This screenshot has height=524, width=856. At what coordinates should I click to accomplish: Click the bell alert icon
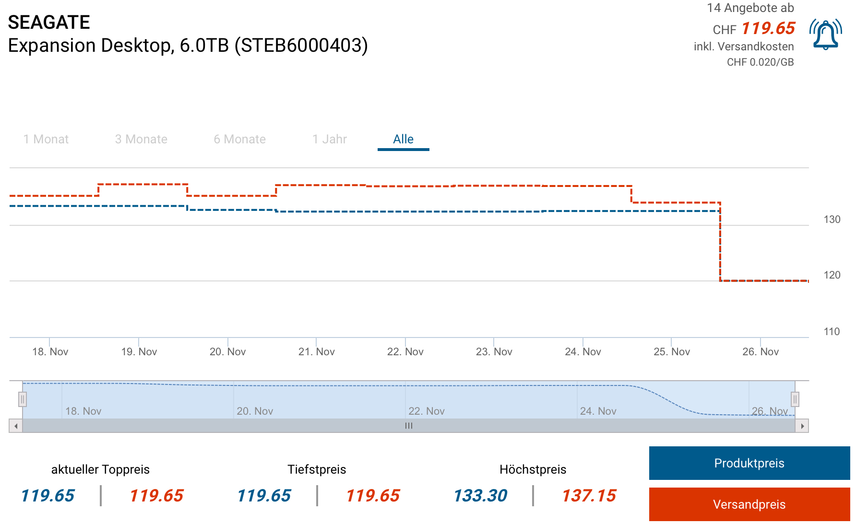(x=825, y=35)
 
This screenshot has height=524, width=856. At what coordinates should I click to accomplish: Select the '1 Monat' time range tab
(x=46, y=140)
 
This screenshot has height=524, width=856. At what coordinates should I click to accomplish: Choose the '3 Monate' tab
(x=141, y=140)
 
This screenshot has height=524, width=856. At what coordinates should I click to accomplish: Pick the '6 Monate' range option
(x=239, y=140)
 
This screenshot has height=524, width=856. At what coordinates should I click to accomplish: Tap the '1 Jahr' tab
(x=329, y=140)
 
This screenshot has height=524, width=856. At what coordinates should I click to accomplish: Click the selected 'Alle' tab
(x=403, y=140)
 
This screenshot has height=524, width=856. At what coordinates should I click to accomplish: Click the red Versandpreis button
(x=749, y=504)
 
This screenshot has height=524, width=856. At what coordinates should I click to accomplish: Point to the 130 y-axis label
(x=832, y=220)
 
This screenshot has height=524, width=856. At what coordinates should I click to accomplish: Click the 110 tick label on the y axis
(x=832, y=332)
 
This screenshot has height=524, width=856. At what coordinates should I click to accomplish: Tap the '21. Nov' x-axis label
(x=316, y=352)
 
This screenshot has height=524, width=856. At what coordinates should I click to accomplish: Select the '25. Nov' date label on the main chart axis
(x=671, y=352)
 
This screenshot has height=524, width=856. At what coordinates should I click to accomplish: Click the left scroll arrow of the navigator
(x=16, y=426)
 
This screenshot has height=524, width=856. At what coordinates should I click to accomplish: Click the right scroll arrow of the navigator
(x=802, y=426)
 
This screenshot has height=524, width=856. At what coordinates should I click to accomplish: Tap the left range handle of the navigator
(x=23, y=399)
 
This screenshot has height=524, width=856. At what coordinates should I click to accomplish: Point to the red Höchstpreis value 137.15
(x=589, y=496)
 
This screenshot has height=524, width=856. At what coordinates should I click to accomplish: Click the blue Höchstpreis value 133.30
(x=480, y=496)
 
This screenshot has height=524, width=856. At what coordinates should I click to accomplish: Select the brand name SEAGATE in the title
(x=49, y=23)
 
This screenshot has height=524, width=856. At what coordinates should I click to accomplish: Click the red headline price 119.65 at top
(x=768, y=28)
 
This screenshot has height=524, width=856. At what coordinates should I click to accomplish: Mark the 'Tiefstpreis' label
(x=317, y=469)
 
